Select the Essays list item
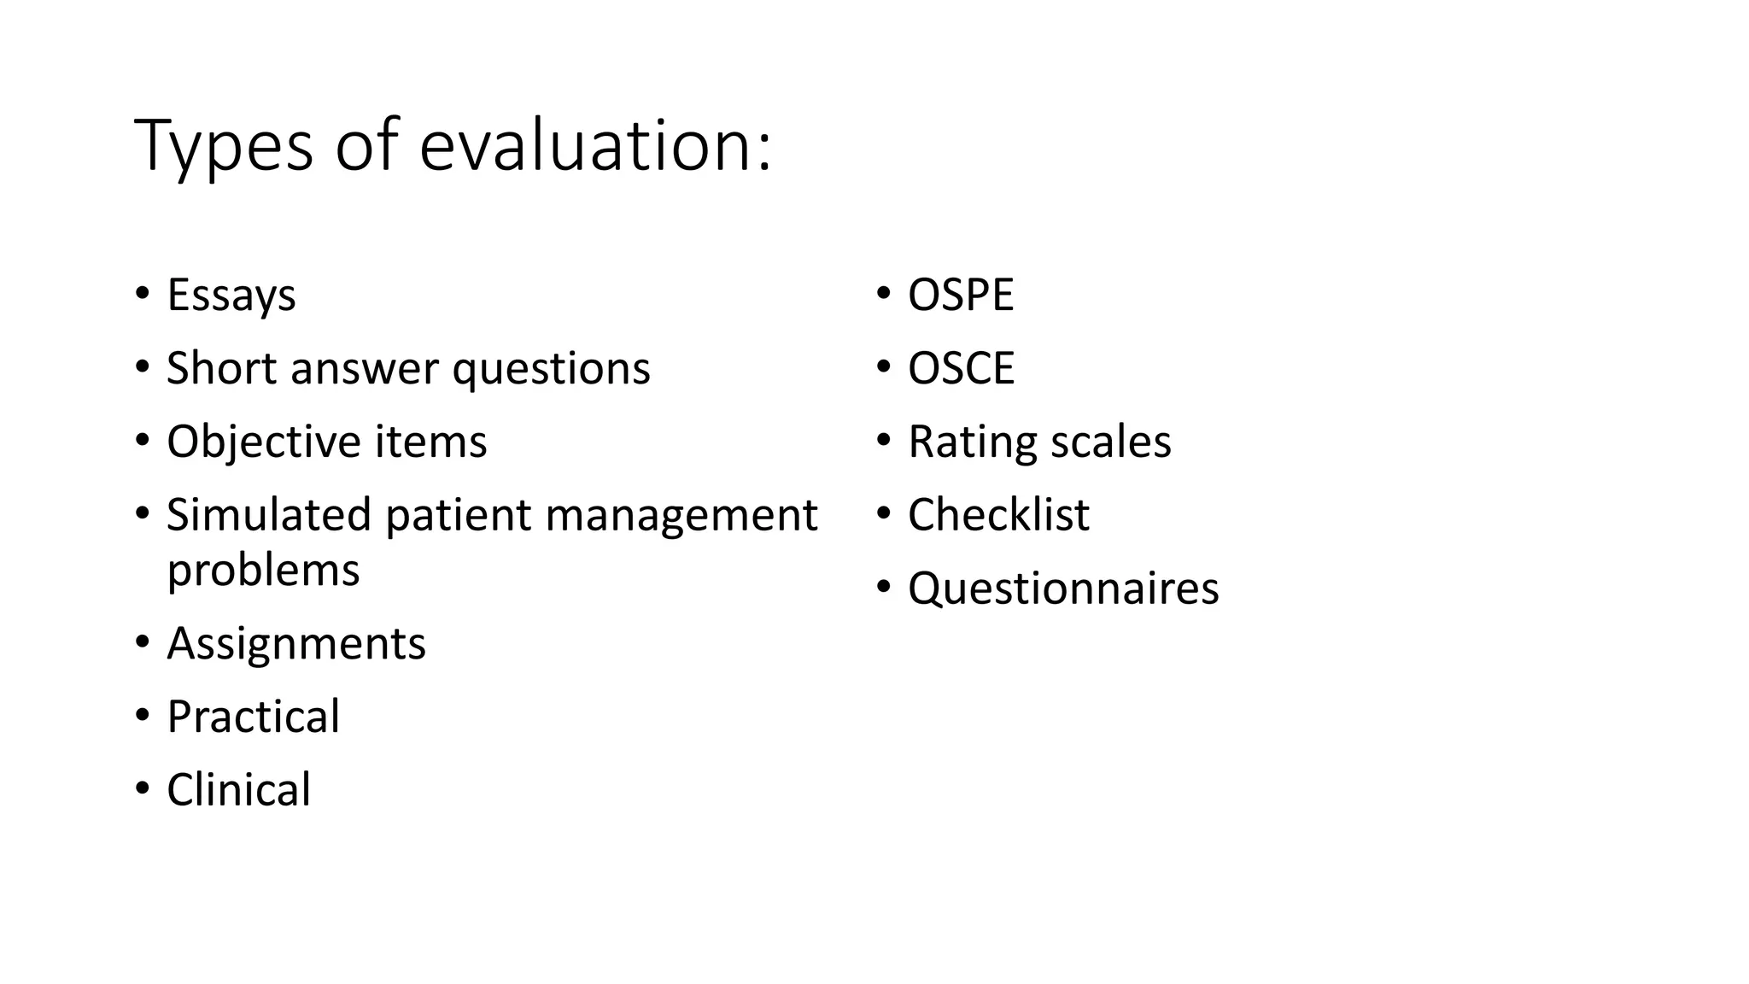pyautogui.click(x=231, y=296)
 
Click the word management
pyautogui.click(x=681, y=517)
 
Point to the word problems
pyautogui.click(x=263, y=571)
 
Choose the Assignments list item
pyautogui.click(x=295, y=643)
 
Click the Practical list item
pyautogui.click(x=253, y=717)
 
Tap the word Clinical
pyautogui.click(x=238, y=790)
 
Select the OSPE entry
pyautogui.click(x=960, y=296)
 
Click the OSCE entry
pyautogui.click(x=961, y=369)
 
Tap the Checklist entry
pyautogui.click(x=998, y=515)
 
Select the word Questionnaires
pyautogui.click(x=1063, y=589)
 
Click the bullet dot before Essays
pyautogui.click(x=141, y=293)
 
